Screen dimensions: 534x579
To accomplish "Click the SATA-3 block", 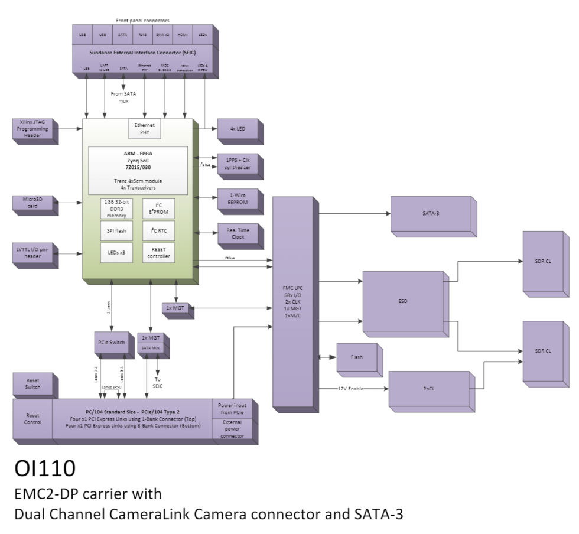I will tap(430, 214).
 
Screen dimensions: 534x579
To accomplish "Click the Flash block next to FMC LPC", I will tap(356, 357).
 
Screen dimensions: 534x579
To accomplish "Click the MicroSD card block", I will tap(33, 203).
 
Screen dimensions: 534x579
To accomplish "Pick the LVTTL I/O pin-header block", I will tap(33, 253).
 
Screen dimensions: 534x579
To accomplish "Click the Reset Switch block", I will tap(32, 385).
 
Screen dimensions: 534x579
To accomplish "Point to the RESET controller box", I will tap(158, 252).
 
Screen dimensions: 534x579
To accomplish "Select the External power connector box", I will tap(232, 428).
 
